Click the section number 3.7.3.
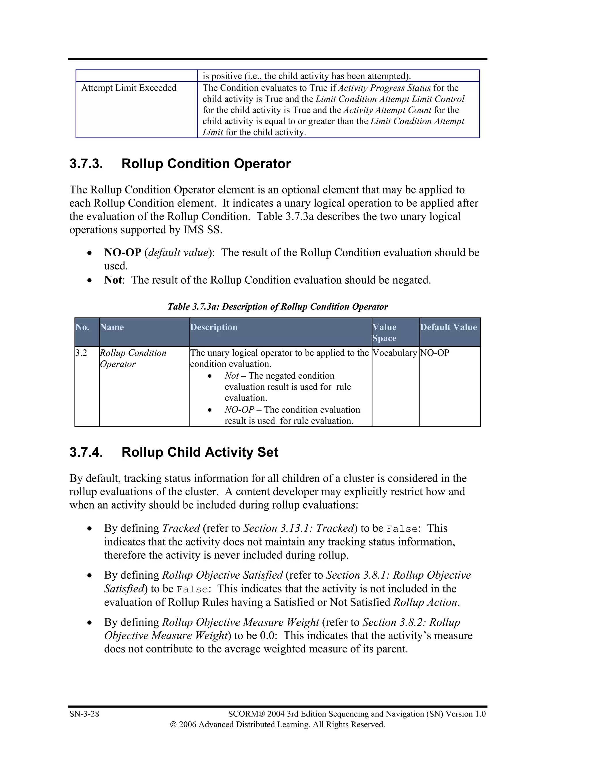point(86,164)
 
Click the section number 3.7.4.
point(86,452)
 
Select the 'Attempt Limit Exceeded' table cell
point(129,88)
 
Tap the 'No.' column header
point(82,327)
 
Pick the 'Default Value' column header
point(449,327)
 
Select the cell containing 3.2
point(81,353)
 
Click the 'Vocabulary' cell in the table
point(395,353)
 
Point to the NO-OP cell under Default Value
point(434,353)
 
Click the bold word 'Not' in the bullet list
point(113,280)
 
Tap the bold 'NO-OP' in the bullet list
point(122,253)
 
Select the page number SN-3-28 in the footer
point(84,714)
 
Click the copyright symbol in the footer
point(173,725)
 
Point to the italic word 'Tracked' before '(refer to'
point(181,528)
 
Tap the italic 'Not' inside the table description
point(231,376)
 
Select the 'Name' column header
point(112,327)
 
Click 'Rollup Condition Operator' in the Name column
point(133,358)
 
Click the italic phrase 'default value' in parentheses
point(178,253)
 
